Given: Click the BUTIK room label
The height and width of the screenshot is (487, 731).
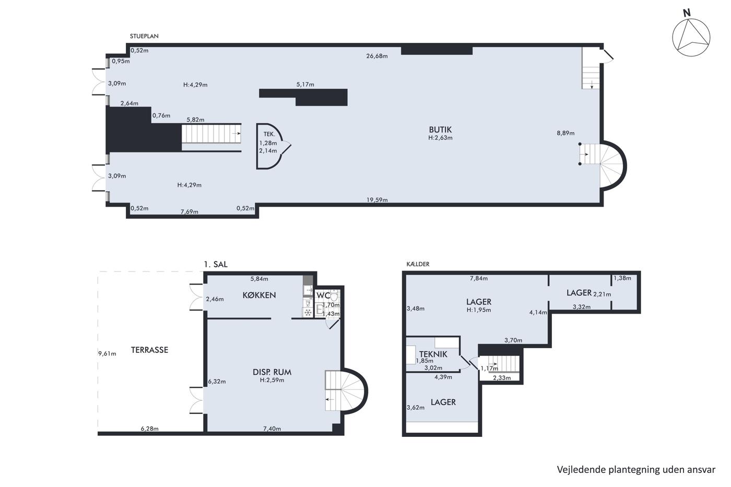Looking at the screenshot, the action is tap(440, 129).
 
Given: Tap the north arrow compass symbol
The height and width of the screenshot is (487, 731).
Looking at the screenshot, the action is tap(691, 38).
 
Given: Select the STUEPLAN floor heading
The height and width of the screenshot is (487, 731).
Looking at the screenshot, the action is tap(144, 36).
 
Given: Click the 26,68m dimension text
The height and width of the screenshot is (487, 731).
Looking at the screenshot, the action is tap(377, 56).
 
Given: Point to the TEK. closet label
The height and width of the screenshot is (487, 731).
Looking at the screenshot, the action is tap(269, 134).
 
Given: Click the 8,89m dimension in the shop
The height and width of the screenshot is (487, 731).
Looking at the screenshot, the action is tap(565, 133).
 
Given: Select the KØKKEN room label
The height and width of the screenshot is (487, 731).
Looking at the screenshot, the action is tap(259, 295).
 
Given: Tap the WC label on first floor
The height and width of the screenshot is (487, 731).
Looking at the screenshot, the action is tap(323, 295).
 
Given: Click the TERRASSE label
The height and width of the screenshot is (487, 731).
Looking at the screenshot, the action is tap(149, 350).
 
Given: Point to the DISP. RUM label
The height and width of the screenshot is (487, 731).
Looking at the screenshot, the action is tap(272, 372).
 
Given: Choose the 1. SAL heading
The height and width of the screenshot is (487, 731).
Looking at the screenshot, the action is tap(215, 264).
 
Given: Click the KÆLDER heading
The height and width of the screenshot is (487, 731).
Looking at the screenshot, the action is tap(418, 264).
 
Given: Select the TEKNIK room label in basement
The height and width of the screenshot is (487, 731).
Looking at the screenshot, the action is tap(433, 354).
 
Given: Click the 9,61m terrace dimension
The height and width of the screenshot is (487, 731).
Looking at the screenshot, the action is tap(107, 353).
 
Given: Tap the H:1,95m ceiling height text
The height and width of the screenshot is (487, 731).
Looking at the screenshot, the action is tap(479, 310).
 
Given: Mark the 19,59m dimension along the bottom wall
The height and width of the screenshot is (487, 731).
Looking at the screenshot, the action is tap(377, 200).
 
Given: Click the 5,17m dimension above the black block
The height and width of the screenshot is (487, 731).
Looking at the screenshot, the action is tap(305, 85).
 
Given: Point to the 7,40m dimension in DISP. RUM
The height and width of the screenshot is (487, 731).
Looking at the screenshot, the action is tap(272, 429).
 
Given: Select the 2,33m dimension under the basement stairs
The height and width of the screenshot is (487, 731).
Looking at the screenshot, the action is tap(502, 378).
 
